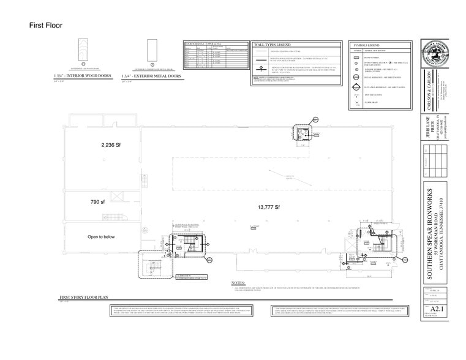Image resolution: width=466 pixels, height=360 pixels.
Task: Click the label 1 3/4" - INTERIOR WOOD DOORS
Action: (x=83, y=76)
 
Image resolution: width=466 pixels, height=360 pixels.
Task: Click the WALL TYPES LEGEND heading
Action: (x=271, y=45)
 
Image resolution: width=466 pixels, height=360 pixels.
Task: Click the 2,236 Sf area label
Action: (x=112, y=145)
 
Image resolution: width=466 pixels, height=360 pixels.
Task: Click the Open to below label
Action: (x=101, y=236)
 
